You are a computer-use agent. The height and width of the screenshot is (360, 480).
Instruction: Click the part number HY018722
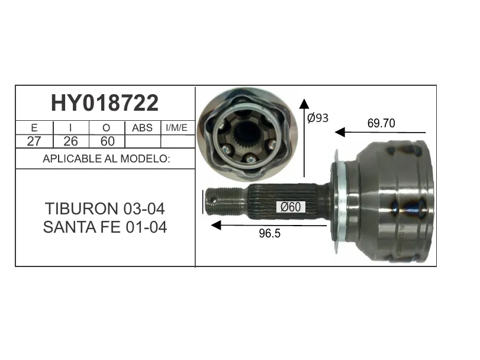[x=105, y=103]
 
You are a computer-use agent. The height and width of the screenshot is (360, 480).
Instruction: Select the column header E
[x=34, y=128]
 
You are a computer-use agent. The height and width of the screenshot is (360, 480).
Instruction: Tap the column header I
[x=70, y=128]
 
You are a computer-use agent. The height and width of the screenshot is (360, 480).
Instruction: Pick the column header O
[x=106, y=128]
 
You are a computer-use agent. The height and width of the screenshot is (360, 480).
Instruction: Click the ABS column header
[x=142, y=128]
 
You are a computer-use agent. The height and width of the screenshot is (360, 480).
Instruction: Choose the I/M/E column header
[x=176, y=128]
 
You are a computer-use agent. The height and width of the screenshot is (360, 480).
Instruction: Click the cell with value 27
[x=34, y=141]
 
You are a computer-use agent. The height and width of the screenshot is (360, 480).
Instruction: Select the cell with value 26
[x=70, y=141]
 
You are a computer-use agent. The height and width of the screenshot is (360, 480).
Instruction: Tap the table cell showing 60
[x=108, y=141]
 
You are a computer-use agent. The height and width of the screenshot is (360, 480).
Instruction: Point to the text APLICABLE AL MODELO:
[x=106, y=159]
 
